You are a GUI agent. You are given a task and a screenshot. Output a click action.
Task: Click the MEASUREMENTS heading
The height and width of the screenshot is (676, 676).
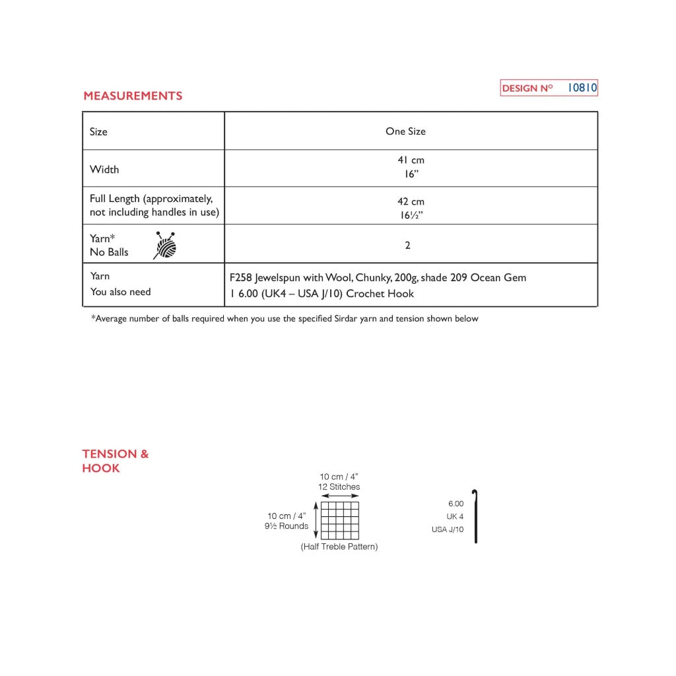click(x=133, y=96)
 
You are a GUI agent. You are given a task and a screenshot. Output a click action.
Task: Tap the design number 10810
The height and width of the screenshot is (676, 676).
click(x=582, y=88)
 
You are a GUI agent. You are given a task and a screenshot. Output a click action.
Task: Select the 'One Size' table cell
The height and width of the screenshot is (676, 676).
click(x=405, y=131)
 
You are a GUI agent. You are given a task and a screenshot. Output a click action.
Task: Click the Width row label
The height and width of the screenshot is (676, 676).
click(x=104, y=170)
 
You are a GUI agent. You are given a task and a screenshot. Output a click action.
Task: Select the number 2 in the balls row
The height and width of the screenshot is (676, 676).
click(x=408, y=245)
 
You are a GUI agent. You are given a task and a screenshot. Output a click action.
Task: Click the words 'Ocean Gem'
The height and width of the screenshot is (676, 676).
click(x=498, y=278)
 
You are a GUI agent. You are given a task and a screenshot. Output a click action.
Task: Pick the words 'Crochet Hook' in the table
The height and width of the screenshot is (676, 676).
click(x=384, y=294)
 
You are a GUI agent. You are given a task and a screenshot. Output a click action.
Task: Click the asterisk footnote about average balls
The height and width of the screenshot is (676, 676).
click(x=285, y=319)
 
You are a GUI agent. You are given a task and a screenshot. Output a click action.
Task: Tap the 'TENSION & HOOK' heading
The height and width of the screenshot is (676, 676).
click(x=115, y=461)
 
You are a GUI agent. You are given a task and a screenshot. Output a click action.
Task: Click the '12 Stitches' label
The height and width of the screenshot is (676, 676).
click(x=339, y=487)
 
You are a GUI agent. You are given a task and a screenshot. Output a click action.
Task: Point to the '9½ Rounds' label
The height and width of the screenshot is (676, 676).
click(x=287, y=526)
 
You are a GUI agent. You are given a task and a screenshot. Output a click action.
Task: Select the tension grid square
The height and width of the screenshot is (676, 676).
click(x=340, y=520)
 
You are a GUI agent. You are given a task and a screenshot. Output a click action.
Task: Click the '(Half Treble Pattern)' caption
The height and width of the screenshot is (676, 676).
click(x=339, y=547)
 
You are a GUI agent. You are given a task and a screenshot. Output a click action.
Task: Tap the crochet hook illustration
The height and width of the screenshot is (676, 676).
click(x=475, y=516)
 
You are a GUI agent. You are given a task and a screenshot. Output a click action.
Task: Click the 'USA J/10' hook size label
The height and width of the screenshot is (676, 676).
click(x=448, y=529)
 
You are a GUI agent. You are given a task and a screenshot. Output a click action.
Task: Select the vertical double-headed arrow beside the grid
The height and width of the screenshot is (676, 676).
click(x=316, y=520)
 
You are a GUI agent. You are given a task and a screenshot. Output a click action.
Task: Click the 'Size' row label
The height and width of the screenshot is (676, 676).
click(x=98, y=132)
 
